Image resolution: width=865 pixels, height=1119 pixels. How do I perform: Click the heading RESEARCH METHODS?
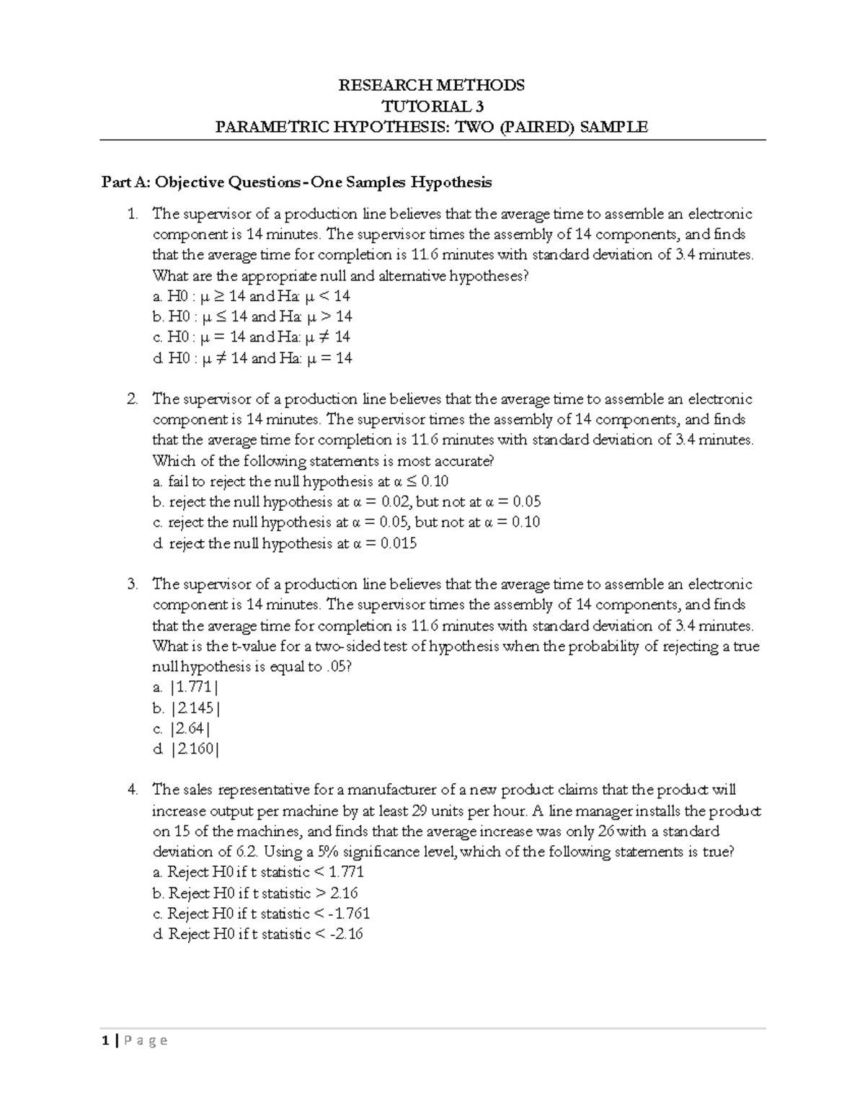pos(432,86)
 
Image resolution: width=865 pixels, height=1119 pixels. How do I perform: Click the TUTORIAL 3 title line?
pos(432,107)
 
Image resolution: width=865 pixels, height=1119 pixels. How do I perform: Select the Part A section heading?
pos(296,182)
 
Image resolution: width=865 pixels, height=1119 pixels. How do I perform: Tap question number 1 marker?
pos(131,214)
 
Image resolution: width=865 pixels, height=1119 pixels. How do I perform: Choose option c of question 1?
pos(252,337)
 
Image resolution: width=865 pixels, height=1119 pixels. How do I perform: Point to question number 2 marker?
pos(131,399)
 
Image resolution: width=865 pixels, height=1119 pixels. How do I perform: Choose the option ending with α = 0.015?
pos(285,543)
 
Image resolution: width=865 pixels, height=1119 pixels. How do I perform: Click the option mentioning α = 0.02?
pos(347,502)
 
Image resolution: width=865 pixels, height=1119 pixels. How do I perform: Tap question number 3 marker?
pos(131,584)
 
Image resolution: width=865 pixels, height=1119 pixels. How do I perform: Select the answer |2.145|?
pos(186,708)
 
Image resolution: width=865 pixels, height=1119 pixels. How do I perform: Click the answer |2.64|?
pos(182,728)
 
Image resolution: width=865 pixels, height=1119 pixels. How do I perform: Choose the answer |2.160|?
pos(186,749)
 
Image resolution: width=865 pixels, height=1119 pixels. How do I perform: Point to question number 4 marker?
pos(131,790)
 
